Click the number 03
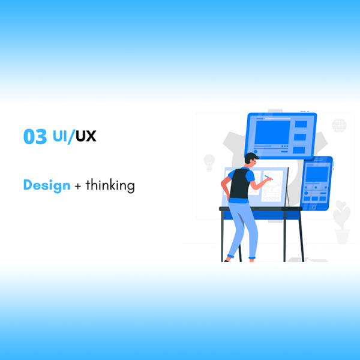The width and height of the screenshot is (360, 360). click(x=35, y=136)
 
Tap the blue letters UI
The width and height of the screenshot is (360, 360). click(x=60, y=136)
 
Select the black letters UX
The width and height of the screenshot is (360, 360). click(x=86, y=136)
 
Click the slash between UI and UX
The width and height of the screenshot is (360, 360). click(x=71, y=137)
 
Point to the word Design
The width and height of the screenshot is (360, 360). click(x=47, y=185)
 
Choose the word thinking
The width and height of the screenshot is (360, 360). click(x=110, y=185)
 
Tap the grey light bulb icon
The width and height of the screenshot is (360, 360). click(x=209, y=163)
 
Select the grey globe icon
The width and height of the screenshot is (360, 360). click(x=339, y=125)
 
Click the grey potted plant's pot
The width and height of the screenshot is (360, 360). click(x=342, y=237)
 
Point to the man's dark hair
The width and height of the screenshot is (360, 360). click(x=251, y=157)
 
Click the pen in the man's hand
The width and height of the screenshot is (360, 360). click(x=268, y=178)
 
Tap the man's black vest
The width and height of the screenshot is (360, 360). click(x=239, y=184)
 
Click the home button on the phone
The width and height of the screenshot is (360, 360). click(x=314, y=208)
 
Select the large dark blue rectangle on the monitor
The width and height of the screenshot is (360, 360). click(x=272, y=133)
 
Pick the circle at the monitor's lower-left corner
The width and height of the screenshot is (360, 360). click(x=256, y=152)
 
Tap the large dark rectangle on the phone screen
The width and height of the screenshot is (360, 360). click(x=317, y=174)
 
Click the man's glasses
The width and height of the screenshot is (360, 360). click(x=254, y=162)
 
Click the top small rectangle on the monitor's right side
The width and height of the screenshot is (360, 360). click(x=301, y=124)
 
